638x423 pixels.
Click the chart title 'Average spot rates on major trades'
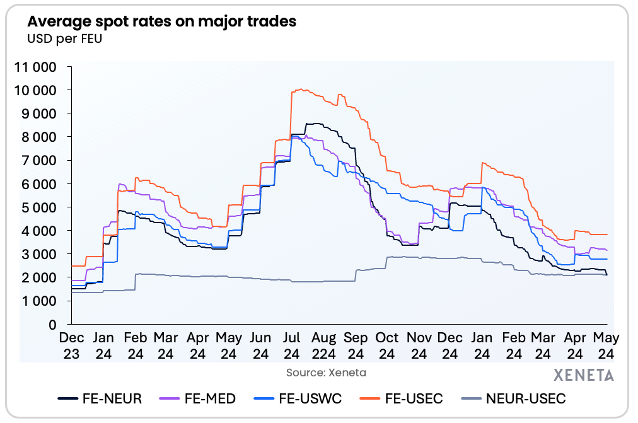click(x=161, y=21)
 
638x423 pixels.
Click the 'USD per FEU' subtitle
click(x=64, y=38)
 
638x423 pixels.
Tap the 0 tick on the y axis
click(x=53, y=324)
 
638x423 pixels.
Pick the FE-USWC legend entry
click(x=300, y=398)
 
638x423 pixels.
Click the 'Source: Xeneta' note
click(x=326, y=373)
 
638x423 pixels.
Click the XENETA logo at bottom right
click(x=583, y=375)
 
